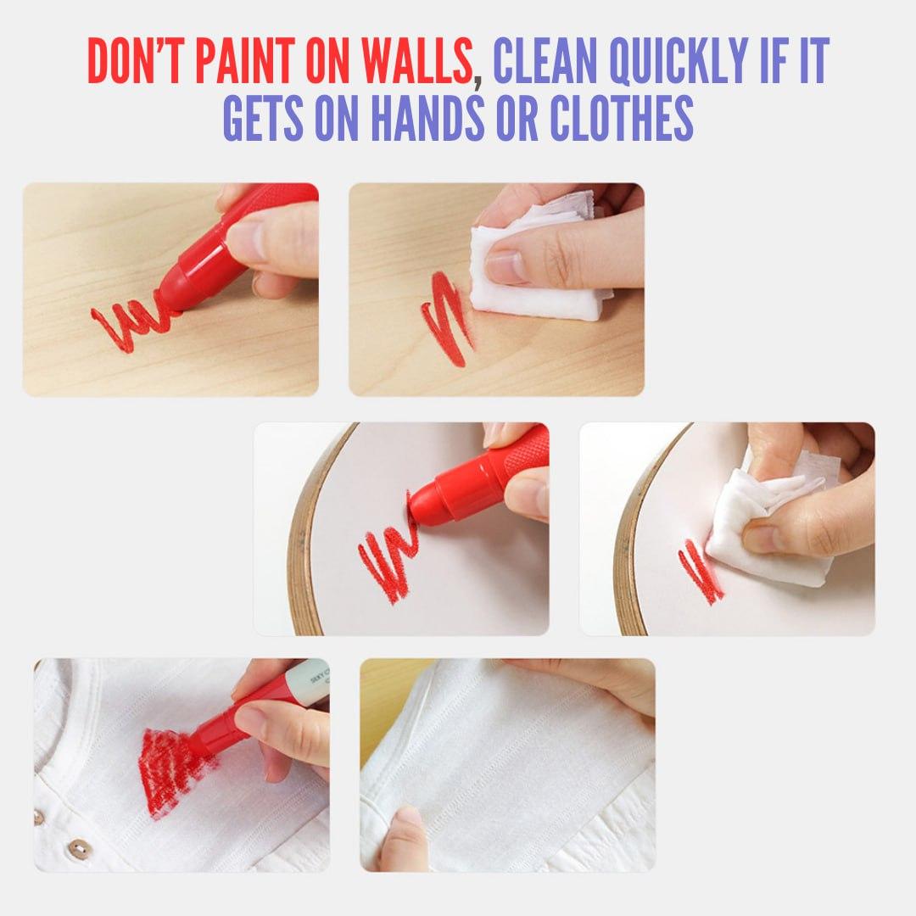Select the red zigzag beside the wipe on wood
[448, 318]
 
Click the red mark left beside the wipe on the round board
[701, 572]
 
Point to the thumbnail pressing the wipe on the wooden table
[505, 265]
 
